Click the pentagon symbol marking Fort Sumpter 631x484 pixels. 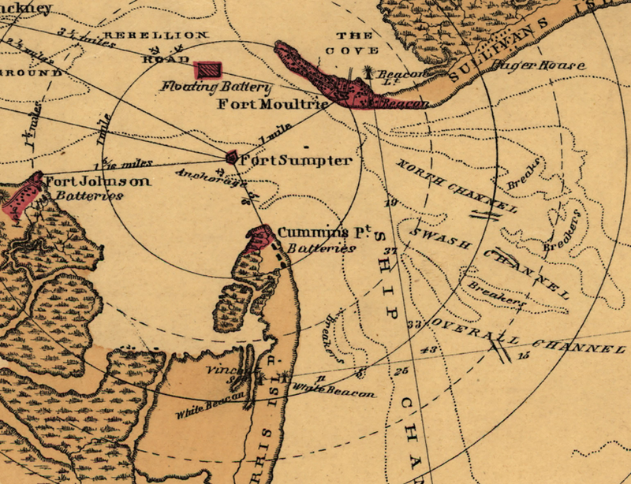(232, 157)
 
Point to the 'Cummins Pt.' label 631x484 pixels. (314, 233)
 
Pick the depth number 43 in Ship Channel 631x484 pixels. (429, 350)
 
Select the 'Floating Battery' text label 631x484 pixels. (216, 87)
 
